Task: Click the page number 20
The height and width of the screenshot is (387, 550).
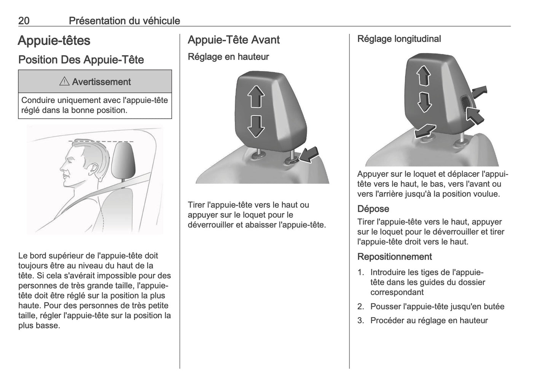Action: [24, 21]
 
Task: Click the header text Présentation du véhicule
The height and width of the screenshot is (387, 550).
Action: [124, 21]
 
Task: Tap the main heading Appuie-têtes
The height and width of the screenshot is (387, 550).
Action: [54, 41]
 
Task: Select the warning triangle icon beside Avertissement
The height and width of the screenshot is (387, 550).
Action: [64, 81]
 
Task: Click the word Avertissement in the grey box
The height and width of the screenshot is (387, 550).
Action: [101, 82]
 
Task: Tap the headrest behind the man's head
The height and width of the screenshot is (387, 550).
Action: [124, 160]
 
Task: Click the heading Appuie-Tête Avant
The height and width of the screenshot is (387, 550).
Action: [234, 40]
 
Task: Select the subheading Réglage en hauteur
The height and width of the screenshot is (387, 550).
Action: [228, 57]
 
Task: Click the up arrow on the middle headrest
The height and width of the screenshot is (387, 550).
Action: [256, 96]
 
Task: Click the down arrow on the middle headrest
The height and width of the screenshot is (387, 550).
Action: [256, 126]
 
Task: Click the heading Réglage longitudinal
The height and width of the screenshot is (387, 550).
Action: [399, 39]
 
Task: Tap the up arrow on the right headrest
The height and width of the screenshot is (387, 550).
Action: [423, 76]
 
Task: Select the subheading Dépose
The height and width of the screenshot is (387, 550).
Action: [373, 209]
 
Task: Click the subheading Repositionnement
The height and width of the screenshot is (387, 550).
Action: [394, 257]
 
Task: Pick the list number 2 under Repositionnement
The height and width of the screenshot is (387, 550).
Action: [360, 306]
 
